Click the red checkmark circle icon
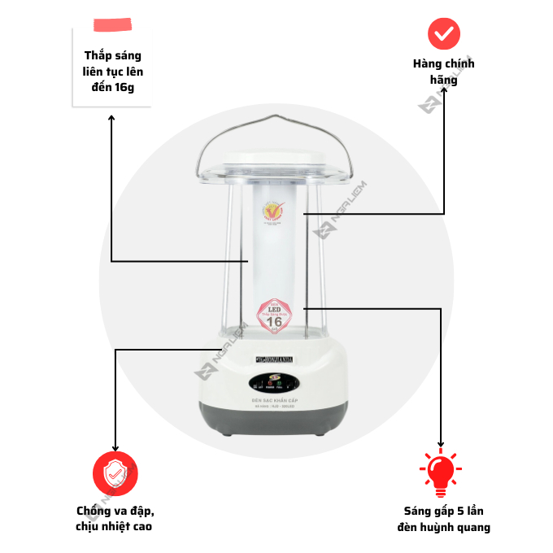pyautogui.click(x=444, y=33)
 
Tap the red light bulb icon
pyautogui.click(x=440, y=473)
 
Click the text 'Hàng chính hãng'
pyautogui.click(x=444, y=72)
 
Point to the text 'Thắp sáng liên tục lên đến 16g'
pyautogui.click(x=112, y=72)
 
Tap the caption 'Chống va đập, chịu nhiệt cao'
pyautogui.click(x=115, y=518)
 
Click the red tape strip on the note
pyautogui.click(x=112, y=24)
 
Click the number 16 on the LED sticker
pyautogui.click(x=275, y=321)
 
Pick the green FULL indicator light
pyautogui.click(x=279, y=383)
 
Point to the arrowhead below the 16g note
pyautogui.click(x=111, y=120)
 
